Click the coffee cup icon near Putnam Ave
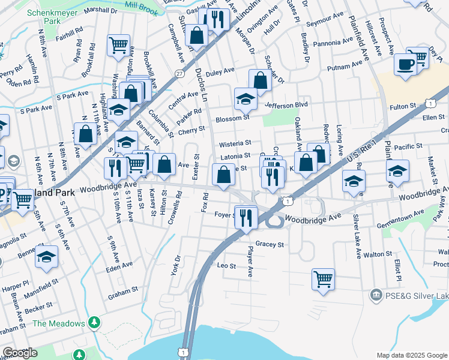click(405, 64)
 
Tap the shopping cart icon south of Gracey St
click(323, 279)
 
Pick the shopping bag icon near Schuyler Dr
click(261, 80)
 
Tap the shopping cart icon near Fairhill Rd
click(118, 45)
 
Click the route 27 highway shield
click(179, 73)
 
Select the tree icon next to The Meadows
click(94, 323)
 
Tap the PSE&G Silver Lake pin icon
click(376, 295)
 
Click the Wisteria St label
click(235, 144)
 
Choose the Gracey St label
click(269, 245)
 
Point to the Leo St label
click(226, 265)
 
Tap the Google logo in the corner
click(19, 353)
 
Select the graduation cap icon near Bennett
click(46, 257)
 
